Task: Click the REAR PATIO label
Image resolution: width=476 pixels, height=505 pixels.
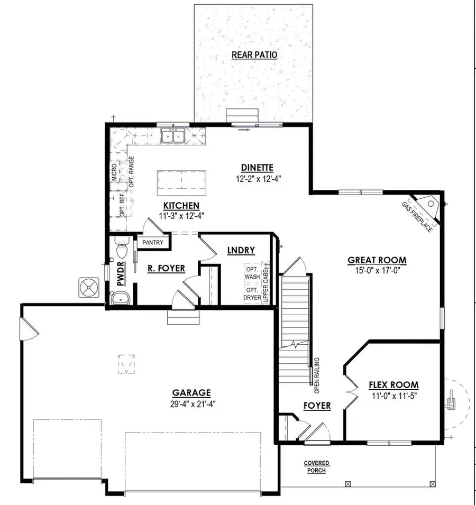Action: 254,55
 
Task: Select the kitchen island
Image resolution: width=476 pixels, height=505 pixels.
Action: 180,183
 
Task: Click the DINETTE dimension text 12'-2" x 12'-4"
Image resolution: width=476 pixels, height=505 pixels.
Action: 258,179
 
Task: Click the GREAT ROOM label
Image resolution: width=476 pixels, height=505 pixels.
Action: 377,260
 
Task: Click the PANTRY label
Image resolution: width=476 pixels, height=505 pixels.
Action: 154,243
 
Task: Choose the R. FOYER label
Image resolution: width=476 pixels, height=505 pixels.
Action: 166,269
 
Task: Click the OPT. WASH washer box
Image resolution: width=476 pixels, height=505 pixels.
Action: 252,273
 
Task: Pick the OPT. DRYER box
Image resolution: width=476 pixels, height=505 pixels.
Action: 252,294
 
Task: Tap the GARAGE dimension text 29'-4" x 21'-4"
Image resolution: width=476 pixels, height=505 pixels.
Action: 191,403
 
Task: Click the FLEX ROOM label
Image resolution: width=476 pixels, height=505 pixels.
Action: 393,385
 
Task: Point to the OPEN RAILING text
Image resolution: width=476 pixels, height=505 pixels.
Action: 317,374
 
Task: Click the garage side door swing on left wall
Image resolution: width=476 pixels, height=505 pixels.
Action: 28,329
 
